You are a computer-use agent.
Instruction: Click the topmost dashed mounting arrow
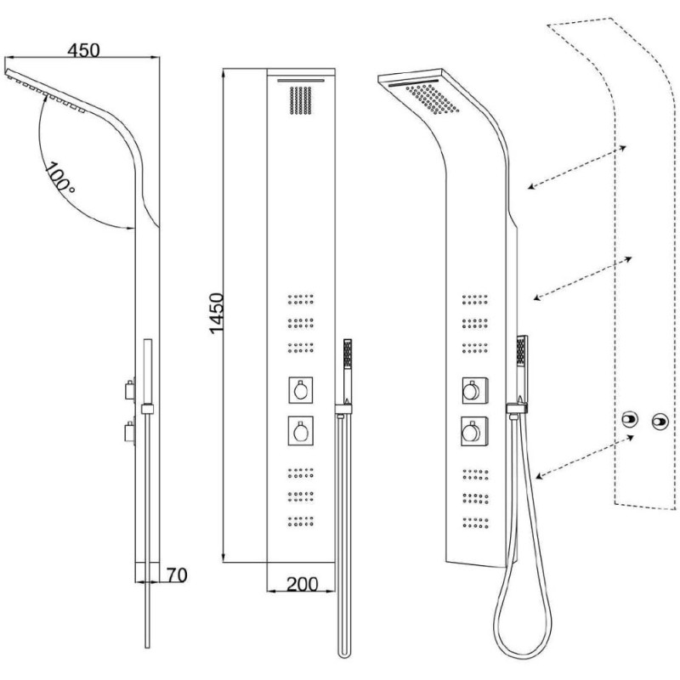pos(576,167)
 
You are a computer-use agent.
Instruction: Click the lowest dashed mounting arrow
pos(586,456)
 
